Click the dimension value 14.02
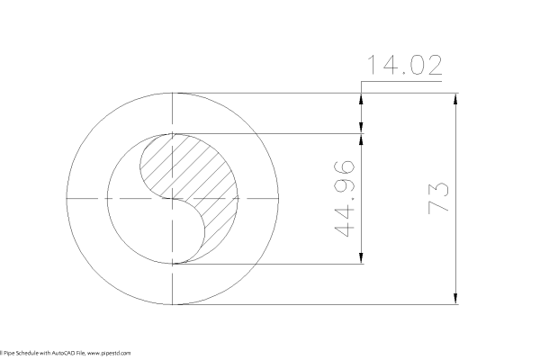click(403, 67)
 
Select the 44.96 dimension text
click(343, 199)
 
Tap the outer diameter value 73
click(437, 197)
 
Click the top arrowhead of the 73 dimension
click(455, 98)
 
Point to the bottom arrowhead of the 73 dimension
click(455, 298)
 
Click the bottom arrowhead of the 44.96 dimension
click(362, 259)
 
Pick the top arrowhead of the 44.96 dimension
click(362, 140)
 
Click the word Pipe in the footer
click(9, 354)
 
